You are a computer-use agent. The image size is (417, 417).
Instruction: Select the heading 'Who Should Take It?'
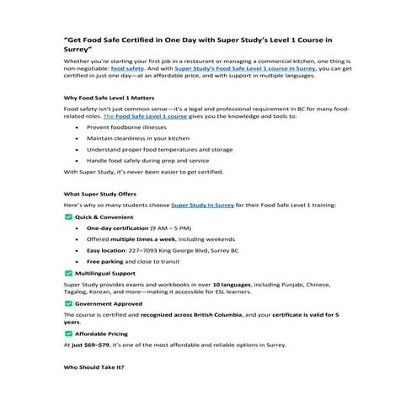tap(94, 367)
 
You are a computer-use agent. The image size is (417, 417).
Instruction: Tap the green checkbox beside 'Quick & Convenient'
tap(68, 217)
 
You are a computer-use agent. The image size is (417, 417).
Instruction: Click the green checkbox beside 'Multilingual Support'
tap(68, 273)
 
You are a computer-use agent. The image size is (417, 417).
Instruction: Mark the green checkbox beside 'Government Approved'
tap(68, 302)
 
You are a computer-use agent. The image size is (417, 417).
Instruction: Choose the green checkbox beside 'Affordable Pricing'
tap(68, 333)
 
